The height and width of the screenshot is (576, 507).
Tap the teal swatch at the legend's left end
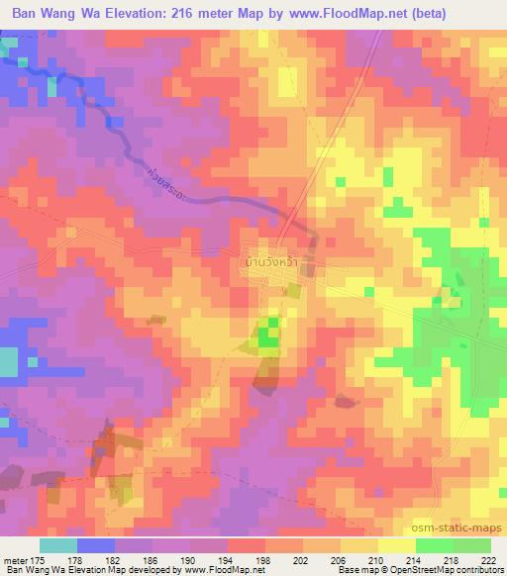coord(57,545)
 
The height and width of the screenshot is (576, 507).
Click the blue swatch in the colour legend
coord(95,545)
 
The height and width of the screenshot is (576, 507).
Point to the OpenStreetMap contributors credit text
coord(451,570)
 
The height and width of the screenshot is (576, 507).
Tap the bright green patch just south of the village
coord(267,336)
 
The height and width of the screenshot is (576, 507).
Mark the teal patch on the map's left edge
coord(8,362)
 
